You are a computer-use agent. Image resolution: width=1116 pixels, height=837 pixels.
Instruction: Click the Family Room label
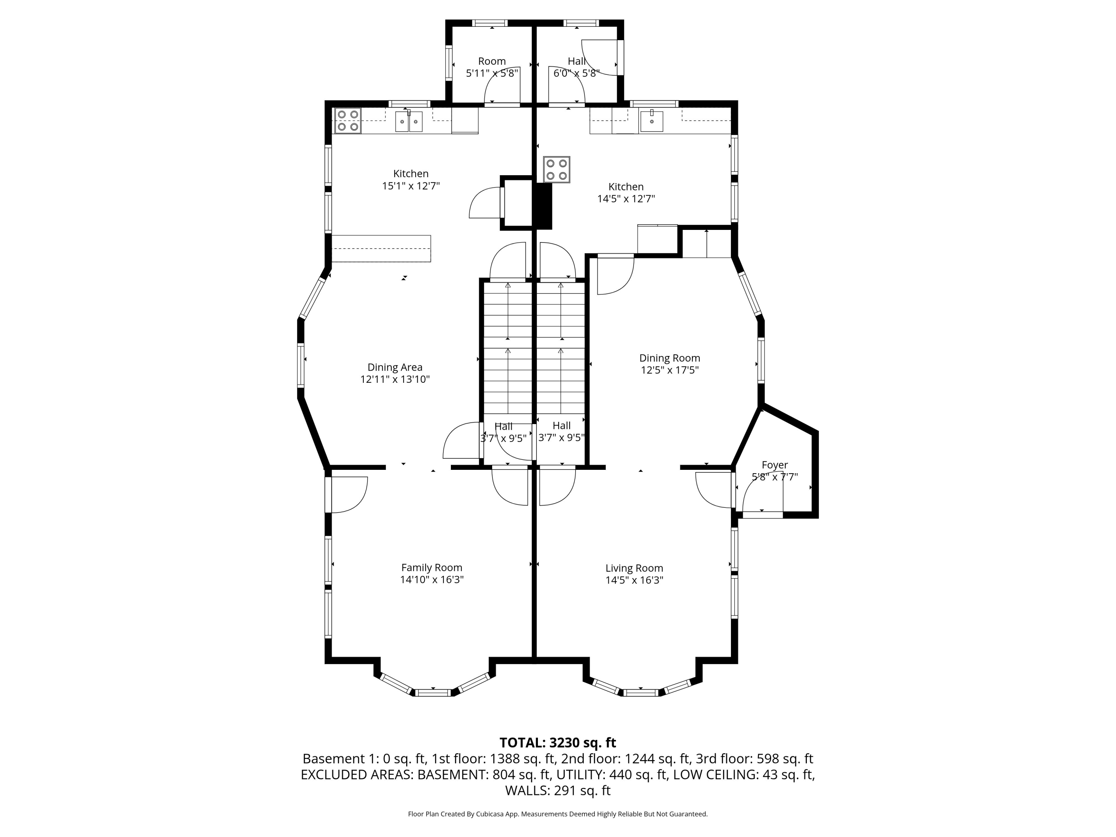432,568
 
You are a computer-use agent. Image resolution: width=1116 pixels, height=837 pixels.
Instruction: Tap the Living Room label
634,568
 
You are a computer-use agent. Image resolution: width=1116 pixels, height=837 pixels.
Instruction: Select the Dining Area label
395,367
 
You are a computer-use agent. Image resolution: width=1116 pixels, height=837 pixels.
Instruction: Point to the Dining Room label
670,358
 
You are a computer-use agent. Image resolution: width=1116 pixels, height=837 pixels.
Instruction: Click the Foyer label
775,465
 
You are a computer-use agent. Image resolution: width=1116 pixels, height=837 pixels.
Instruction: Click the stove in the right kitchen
557,169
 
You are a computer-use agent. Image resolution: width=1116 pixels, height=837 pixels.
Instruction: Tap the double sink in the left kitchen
409,121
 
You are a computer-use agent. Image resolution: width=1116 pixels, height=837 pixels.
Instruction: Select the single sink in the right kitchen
652,121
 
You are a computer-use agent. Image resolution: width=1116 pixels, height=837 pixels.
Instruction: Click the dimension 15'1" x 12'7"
411,186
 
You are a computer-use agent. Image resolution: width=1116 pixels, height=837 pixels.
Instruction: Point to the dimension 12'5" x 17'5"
670,370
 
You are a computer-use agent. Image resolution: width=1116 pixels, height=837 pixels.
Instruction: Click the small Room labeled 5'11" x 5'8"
492,67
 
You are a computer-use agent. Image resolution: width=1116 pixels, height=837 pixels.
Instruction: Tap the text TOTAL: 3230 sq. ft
558,743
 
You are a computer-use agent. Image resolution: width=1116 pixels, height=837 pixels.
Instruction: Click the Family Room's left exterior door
347,494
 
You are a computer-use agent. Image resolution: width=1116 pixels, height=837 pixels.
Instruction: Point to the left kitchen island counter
381,249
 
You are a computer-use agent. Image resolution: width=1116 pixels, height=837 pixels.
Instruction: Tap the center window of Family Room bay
433,692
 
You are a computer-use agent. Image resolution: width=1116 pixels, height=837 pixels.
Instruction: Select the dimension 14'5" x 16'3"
634,580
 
